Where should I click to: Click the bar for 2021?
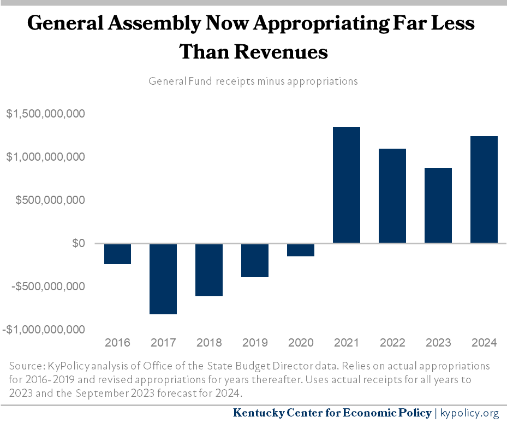[347, 185]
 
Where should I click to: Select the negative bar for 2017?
[163, 279]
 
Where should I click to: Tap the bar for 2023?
[438, 205]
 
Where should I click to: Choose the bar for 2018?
[209, 269]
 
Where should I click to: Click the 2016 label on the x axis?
[117, 343]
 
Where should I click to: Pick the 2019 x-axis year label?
[255, 343]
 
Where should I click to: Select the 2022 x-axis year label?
[392, 343]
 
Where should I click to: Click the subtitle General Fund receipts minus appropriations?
[253, 81]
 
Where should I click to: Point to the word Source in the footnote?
[24, 366]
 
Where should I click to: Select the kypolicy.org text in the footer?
[469, 413]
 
